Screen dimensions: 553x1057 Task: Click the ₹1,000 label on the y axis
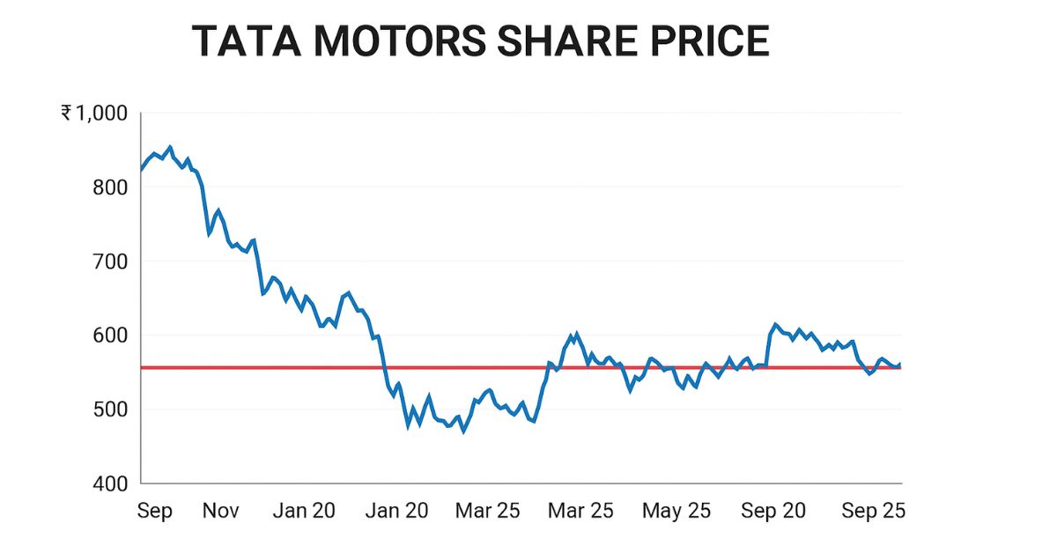[x=94, y=113]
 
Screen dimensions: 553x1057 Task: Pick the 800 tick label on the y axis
[x=115, y=188]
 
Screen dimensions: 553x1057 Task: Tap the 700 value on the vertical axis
[x=115, y=262]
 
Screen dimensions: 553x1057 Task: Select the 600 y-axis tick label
[x=115, y=335]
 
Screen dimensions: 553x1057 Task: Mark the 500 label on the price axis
[x=115, y=409]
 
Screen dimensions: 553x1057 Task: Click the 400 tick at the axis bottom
[x=115, y=483]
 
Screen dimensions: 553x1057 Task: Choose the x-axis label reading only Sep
[x=155, y=512]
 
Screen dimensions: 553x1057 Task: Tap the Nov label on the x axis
[x=220, y=512]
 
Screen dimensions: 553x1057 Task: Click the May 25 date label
[x=676, y=512]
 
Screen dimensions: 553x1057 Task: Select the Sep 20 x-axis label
[x=772, y=512]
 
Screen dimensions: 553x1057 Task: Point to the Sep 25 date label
[x=872, y=512]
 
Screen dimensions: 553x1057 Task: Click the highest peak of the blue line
[x=170, y=147]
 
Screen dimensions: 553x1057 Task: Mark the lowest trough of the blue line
[x=463, y=431]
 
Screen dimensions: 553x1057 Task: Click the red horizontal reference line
[x=264, y=367]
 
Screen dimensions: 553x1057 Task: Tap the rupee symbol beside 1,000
[x=67, y=113]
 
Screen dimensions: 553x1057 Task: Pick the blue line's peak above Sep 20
[x=775, y=324]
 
